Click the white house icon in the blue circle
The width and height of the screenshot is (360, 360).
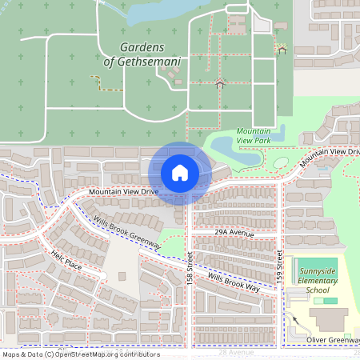click(180, 173)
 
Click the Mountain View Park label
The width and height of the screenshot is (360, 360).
click(254, 135)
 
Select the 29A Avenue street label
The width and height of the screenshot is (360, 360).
click(234, 232)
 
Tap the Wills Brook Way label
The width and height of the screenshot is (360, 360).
click(233, 282)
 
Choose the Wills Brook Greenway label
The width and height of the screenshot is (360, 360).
click(126, 232)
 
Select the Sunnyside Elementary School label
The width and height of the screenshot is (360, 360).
click(318, 280)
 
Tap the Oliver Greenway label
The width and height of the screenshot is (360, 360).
click(333, 340)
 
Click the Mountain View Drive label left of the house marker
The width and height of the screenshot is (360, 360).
click(123, 192)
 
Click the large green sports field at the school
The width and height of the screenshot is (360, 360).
click(318, 265)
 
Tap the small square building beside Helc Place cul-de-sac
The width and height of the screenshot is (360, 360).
click(122, 276)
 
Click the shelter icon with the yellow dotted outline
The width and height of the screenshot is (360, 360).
click(282, 49)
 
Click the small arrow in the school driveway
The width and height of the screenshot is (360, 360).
click(295, 320)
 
